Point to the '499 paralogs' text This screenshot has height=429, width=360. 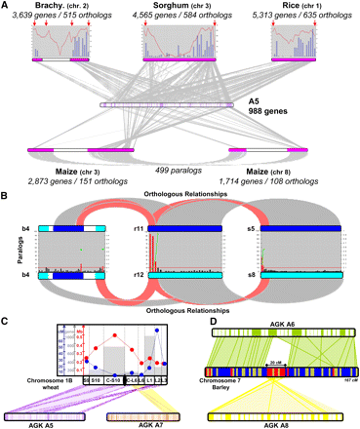(178, 169)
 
